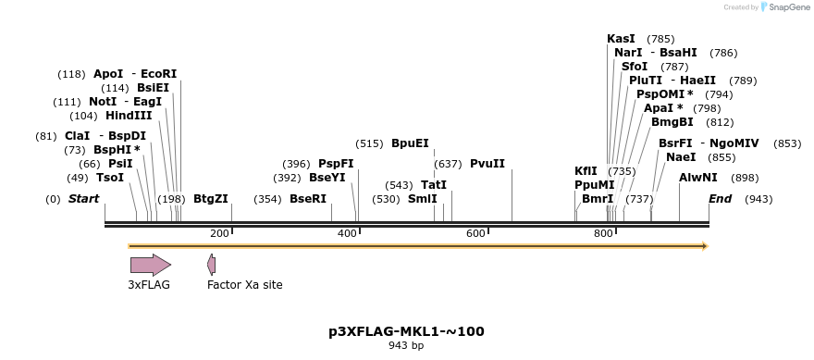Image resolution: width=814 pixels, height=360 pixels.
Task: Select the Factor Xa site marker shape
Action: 212,265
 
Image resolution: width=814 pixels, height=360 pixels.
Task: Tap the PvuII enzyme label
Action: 487,164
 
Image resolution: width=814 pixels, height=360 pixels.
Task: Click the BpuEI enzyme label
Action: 410,143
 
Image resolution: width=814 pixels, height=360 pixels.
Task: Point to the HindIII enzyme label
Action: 129,116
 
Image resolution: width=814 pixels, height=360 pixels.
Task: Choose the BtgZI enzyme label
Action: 211,199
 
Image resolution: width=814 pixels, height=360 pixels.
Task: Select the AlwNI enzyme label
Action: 697,177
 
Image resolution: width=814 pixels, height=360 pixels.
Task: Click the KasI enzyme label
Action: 621,39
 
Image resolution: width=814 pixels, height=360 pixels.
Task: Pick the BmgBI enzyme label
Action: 672,122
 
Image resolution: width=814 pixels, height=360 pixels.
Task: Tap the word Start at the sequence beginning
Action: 83,199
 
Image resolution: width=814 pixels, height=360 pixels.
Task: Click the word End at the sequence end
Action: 720,199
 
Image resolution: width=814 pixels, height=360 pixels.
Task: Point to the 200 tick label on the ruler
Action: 219,234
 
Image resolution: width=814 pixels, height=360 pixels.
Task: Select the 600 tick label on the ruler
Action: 475,234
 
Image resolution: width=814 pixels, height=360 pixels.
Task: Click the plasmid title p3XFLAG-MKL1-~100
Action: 406,330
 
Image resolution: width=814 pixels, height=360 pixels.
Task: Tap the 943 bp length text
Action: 406,346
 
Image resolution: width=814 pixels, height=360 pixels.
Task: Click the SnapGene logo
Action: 783,7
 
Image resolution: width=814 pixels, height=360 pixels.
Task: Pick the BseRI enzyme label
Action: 308,199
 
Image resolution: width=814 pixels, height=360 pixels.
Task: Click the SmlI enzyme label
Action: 423,199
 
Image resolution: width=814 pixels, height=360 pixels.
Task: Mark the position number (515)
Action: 369,143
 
